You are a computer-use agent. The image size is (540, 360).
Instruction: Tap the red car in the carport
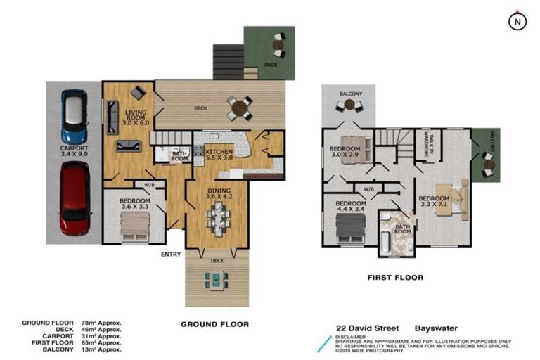pyautogui.click(x=74, y=197)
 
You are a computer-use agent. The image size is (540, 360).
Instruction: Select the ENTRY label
pyautogui.click(x=171, y=254)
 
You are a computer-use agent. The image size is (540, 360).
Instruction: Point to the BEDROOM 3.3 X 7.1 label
pyautogui.click(x=434, y=202)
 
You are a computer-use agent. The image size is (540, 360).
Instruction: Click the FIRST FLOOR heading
pyautogui.click(x=395, y=278)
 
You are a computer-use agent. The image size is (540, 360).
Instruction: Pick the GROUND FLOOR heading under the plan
pyautogui.click(x=214, y=324)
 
